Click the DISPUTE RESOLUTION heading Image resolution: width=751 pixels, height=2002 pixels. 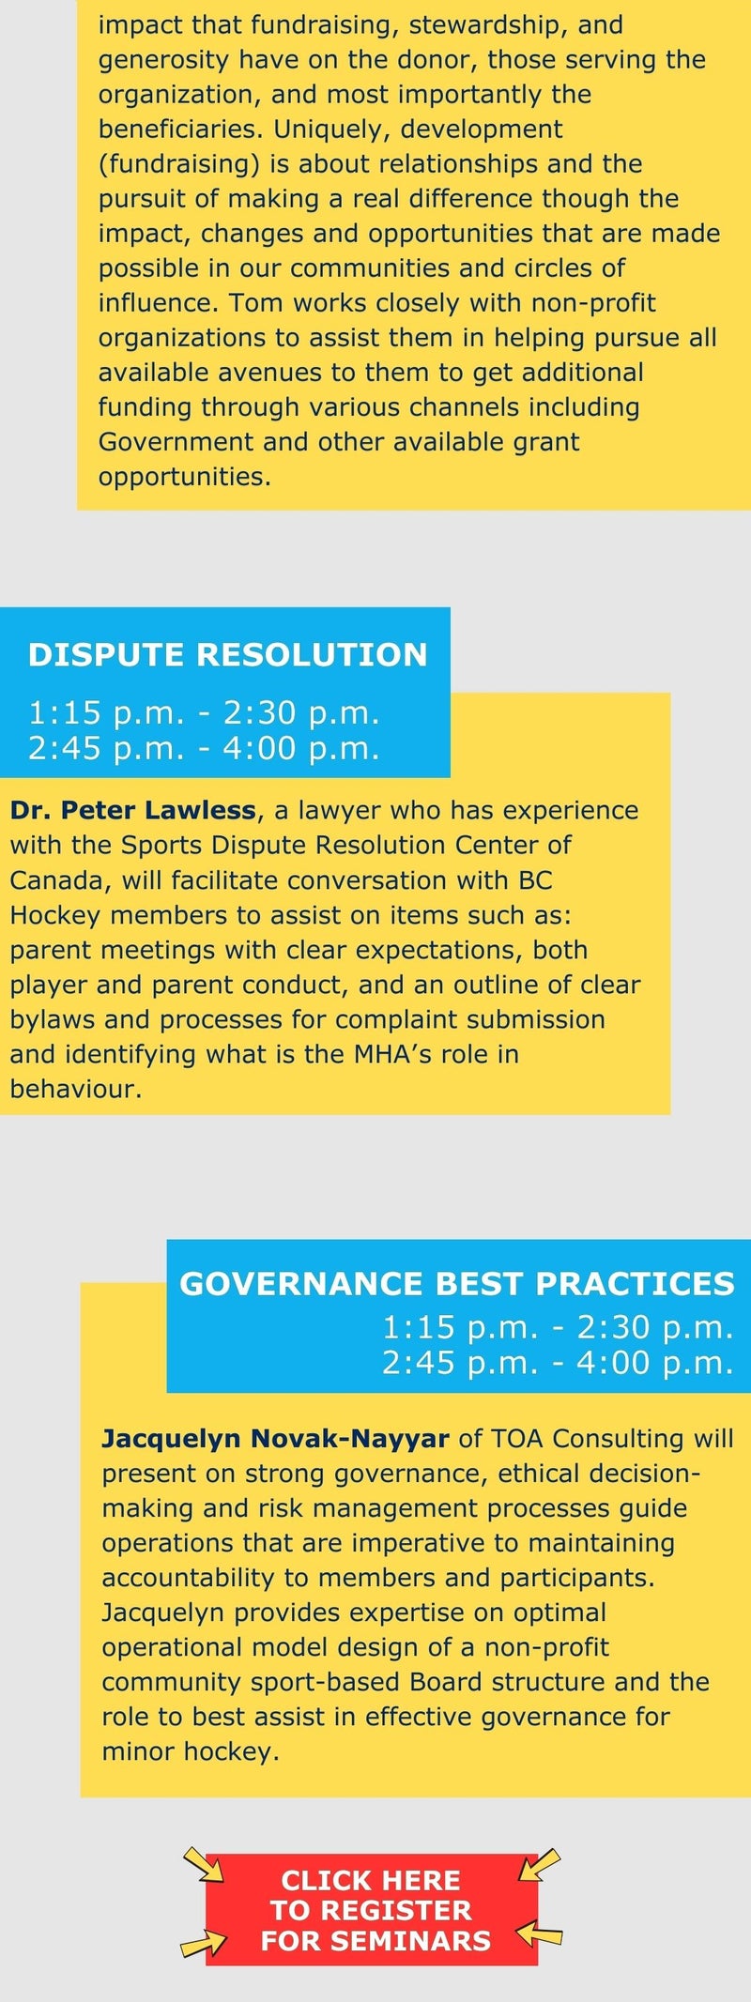coord(227,654)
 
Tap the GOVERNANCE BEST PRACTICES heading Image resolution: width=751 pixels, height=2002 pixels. coord(457,1284)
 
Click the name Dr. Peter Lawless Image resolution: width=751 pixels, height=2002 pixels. coord(132,810)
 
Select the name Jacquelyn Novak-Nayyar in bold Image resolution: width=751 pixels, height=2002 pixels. coord(275,1438)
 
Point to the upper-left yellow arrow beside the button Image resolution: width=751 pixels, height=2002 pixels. coord(203,1864)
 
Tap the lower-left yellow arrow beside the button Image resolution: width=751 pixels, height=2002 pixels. coord(204,1944)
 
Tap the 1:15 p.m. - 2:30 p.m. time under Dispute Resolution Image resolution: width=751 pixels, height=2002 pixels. coord(204,713)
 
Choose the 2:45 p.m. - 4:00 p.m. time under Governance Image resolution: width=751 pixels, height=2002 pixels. coord(558,1363)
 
